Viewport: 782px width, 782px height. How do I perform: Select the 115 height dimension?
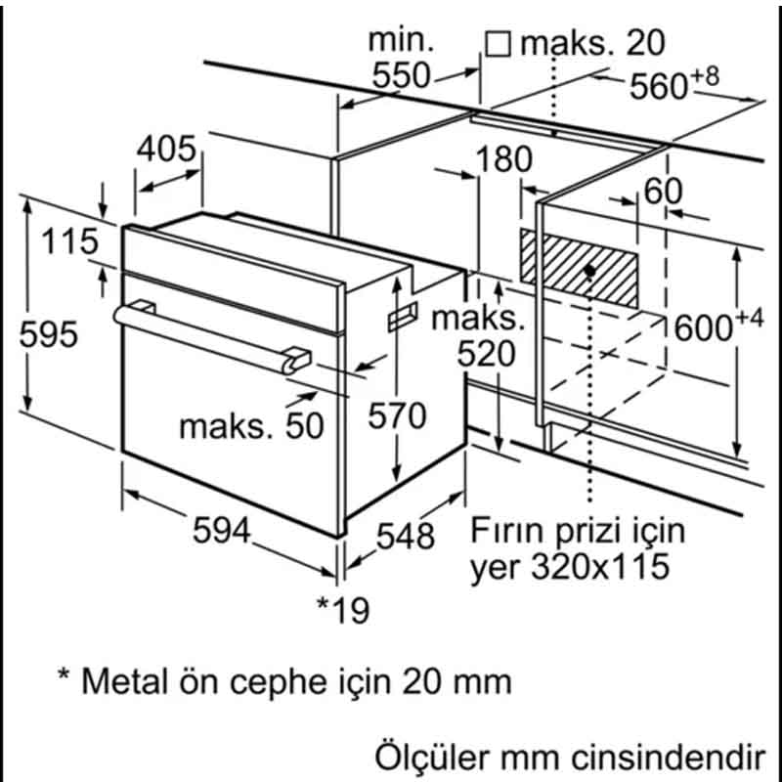click(x=69, y=241)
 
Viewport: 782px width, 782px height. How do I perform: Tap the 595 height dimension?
click(x=49, y=335)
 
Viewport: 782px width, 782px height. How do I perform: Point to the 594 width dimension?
click(x=222, y=530)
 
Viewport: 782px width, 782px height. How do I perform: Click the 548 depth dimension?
click(x=405, y=535)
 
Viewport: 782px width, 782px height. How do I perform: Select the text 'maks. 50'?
click(x=250, y=426)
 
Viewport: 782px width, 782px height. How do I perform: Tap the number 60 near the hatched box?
click(x=664, y=192)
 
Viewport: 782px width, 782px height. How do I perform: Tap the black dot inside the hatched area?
click(x=591, y=268)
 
